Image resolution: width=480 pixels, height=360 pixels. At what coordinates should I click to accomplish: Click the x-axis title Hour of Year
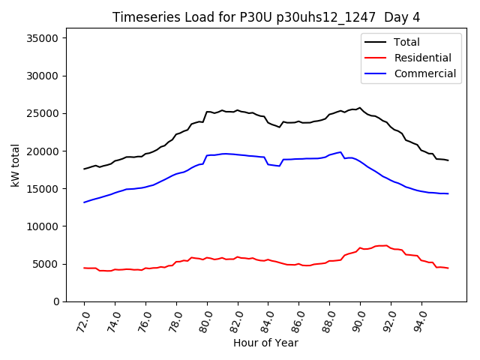pyautogui.click(x=265, y=343)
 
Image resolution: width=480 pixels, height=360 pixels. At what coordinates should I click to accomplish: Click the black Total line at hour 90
pyautogui.click(x=360, y=108)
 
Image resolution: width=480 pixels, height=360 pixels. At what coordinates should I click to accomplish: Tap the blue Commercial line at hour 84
pyautogui.click(x=268, y=164)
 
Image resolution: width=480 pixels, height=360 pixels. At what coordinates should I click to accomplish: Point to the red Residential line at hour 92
pyautogui.click(x=391, y=247)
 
